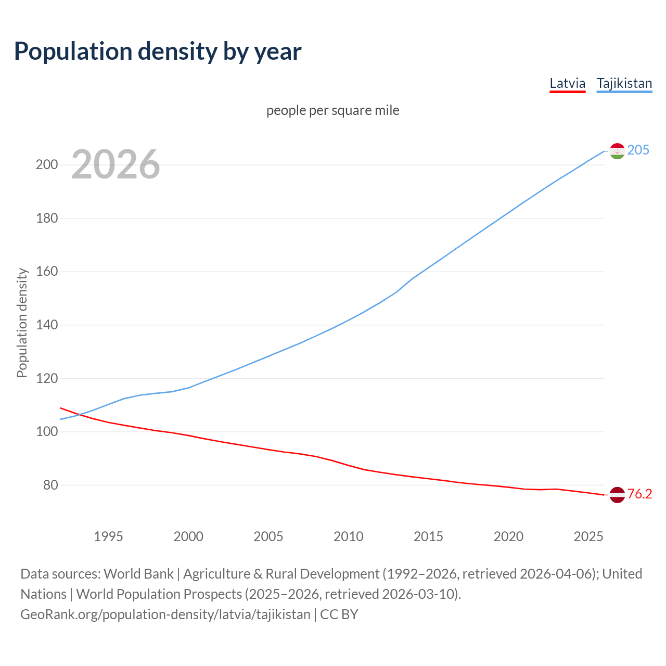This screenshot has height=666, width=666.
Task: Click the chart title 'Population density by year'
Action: (158, 51)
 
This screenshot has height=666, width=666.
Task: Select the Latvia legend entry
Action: (567, 83)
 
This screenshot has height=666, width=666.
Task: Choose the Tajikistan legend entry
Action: (624, 83)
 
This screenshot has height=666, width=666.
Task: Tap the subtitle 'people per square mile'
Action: (332, 110)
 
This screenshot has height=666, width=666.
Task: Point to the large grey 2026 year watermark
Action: (116, 164)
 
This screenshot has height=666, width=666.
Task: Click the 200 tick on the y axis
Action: (46, 164)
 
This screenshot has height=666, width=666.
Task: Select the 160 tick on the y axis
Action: (46, 271)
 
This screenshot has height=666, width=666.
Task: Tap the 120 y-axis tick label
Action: (46, 378)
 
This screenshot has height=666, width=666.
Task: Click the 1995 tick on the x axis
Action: (108, 536)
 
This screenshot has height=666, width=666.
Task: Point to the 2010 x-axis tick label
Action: (348, 536)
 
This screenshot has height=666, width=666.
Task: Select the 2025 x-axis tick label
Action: (588, 536)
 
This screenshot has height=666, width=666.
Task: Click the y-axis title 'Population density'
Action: (22, 323)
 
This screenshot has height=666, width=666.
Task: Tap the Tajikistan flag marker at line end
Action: (617, 151)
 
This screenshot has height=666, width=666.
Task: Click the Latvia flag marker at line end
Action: (617, 495)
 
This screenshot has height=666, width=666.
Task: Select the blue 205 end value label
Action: (638, 150)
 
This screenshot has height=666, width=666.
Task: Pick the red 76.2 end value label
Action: (639, 494)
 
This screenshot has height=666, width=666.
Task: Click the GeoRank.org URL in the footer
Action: (165, 614)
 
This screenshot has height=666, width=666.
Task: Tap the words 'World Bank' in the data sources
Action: (138, 574)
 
